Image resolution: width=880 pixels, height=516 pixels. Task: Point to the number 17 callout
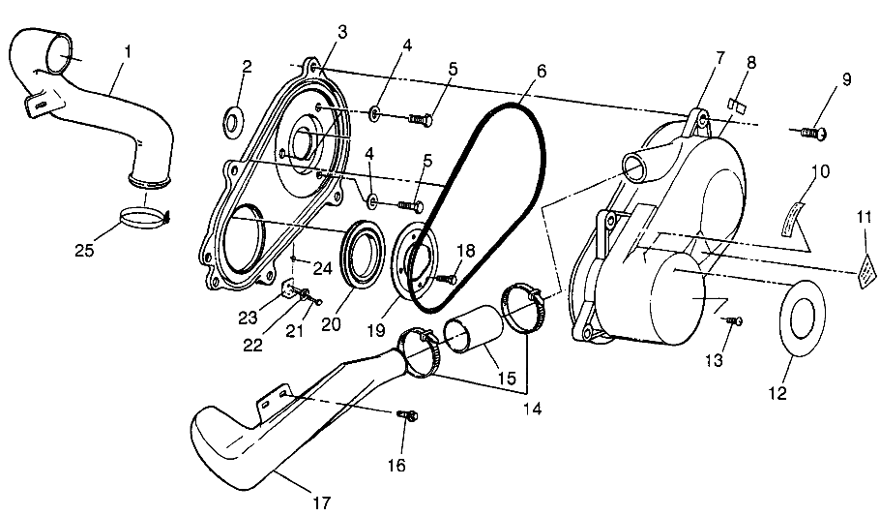click(322, 502)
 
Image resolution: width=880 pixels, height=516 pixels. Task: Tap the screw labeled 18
click(446, 278)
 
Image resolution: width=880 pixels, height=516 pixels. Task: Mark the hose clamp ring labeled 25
click(143, 214)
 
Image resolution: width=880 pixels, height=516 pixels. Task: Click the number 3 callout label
click(342, 31)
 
